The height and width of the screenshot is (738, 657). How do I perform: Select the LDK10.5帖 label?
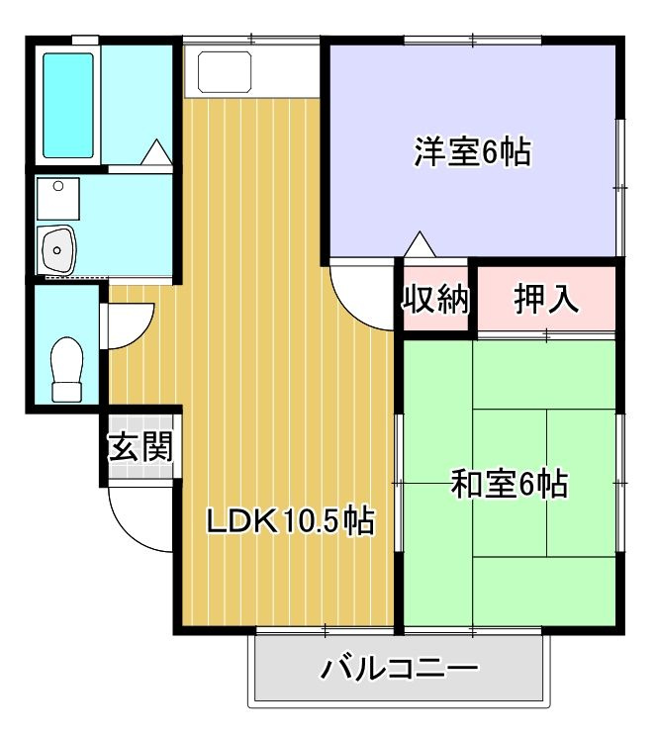[289, 520]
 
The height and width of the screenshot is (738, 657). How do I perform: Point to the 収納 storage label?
[435, 299]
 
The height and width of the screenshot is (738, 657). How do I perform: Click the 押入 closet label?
[546, 299]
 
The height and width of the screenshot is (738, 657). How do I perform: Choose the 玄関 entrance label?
[141, 447]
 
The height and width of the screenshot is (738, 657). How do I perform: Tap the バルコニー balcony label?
[400, 670]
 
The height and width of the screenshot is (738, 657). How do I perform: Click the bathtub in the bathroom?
[68, 105]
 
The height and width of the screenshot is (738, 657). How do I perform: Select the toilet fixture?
[66, 368]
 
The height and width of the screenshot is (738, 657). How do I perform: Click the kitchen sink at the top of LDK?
[224, 70]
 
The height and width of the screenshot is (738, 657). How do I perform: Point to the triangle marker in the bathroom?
[155, 152]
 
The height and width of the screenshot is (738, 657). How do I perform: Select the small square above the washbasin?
[58, 198]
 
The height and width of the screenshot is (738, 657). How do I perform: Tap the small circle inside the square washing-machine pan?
[59, 186]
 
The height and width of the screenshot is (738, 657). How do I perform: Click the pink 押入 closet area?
[546, 299]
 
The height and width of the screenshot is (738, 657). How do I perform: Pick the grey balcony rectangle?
[400, 670]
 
